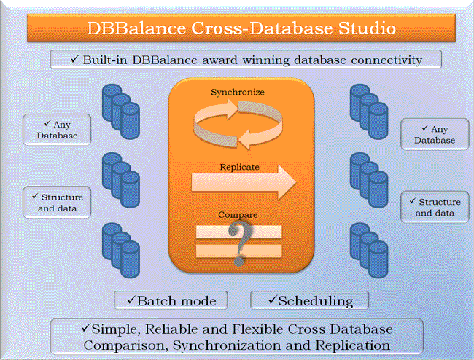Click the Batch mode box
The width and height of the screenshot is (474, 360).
pyautogui.click(x=171, y=300)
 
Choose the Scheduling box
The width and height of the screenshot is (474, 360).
pyautogui.click(x=310, y=300)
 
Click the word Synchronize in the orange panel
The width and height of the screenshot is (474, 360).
pyautogui.click(x=237, y=93)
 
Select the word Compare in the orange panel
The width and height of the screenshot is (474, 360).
pyautogui.click(x=237, y=216)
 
